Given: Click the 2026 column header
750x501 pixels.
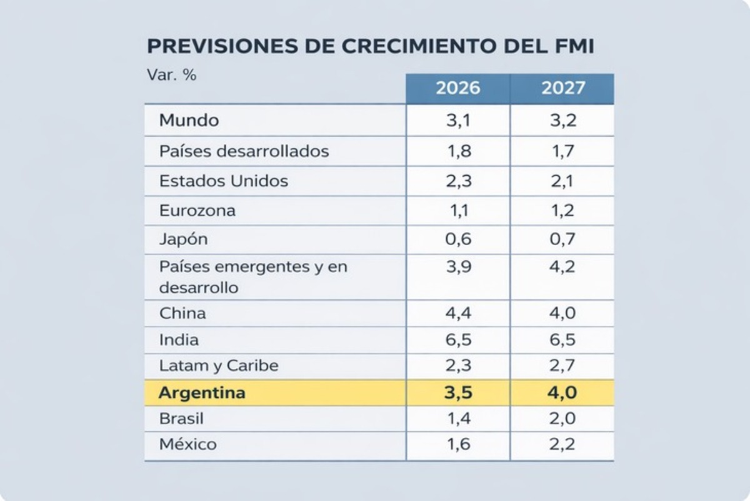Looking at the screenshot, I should point(457,88).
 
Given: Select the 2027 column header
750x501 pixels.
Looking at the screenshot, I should point(563,88).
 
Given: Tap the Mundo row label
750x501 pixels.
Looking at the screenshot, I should point(189,120).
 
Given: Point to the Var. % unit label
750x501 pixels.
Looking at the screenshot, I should point(171,75).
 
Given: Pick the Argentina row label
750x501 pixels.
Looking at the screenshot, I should point(202,393).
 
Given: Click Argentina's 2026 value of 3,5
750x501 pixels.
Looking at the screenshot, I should point(457,393).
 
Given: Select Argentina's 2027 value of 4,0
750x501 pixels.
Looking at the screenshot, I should point(562,393).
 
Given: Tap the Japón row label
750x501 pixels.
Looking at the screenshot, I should point(183,240).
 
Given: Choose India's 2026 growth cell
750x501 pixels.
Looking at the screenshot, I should point(457,340).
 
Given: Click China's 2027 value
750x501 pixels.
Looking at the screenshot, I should point(562,313).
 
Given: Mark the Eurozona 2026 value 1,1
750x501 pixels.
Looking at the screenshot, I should point(457,210).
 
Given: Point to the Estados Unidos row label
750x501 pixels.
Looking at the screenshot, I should point(224,181).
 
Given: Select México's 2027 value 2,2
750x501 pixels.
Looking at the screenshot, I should point(562,445).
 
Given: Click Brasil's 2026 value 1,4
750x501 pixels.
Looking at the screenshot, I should point(457,418).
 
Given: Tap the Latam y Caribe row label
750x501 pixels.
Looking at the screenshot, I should point(219,366).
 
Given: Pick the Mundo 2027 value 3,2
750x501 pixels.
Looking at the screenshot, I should point(562,120).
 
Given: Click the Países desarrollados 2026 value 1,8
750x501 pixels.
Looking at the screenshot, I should point(457,151).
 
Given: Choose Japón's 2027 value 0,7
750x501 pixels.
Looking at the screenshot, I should point(562,240).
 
